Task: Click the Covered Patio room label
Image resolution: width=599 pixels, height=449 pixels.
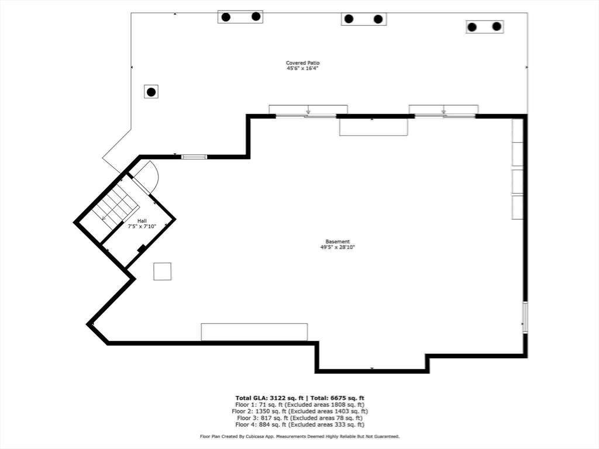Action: pyautogui.click(x=302, y=63)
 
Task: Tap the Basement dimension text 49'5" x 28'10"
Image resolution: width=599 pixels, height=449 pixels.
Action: pyautogui.click(x=338, y=247)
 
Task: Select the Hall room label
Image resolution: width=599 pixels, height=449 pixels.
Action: pyautogui.click(x=142, y=220)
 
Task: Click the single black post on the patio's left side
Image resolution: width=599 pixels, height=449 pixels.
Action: pyautogui.click(x=152, y=92)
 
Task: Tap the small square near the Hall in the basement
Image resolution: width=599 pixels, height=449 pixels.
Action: pyautogui.click(x=163, y=271)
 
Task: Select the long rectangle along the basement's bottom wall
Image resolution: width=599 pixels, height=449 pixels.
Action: pyautogui.click(x=254, y=332)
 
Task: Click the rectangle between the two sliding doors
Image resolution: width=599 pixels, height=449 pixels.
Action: pyautogui.click(x=374, y=127)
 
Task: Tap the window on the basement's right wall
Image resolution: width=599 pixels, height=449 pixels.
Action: pyautogui.click(x=525, y=317)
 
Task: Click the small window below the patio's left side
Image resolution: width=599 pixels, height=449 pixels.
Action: pyautogui.click(x=194, y=157)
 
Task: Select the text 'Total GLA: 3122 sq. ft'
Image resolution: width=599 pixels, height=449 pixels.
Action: pyautogui.click(x=269, y=398)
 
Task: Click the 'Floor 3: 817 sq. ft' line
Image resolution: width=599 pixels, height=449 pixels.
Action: pyautogui.click(x=299, y=418)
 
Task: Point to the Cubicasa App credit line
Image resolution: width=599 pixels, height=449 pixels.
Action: pyautogui.click(x=299, y=436)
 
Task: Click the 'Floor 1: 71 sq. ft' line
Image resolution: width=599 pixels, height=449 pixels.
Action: pyautogui.click(x=299, y=405)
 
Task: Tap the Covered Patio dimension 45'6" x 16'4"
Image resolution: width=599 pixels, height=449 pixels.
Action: pyautogui.click(x=302, y=68)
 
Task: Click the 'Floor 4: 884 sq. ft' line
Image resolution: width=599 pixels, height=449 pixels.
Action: pyautogui.click(x=299, y=424)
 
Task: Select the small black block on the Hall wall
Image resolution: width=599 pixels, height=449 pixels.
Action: pyautogui.click(x=142, y=248)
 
